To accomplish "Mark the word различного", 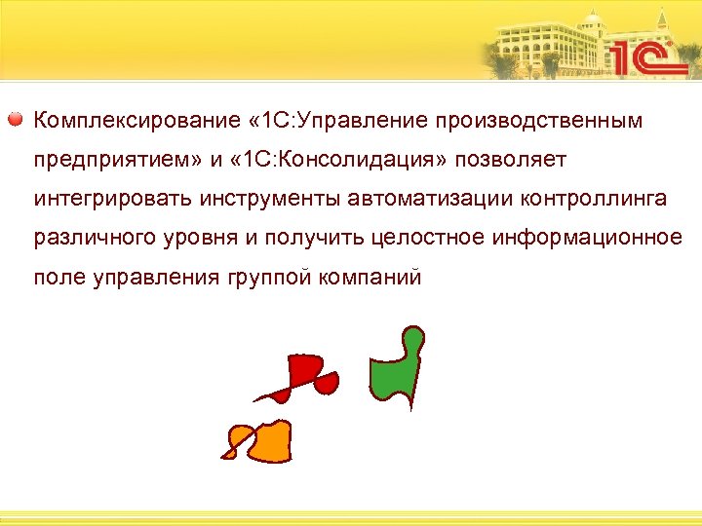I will pyautogui.click(x=86, y=239).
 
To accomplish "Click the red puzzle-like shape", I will pyautogui.click(x=307, y=376).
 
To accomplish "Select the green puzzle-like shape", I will pyautogui.click(x=397, y=370).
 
